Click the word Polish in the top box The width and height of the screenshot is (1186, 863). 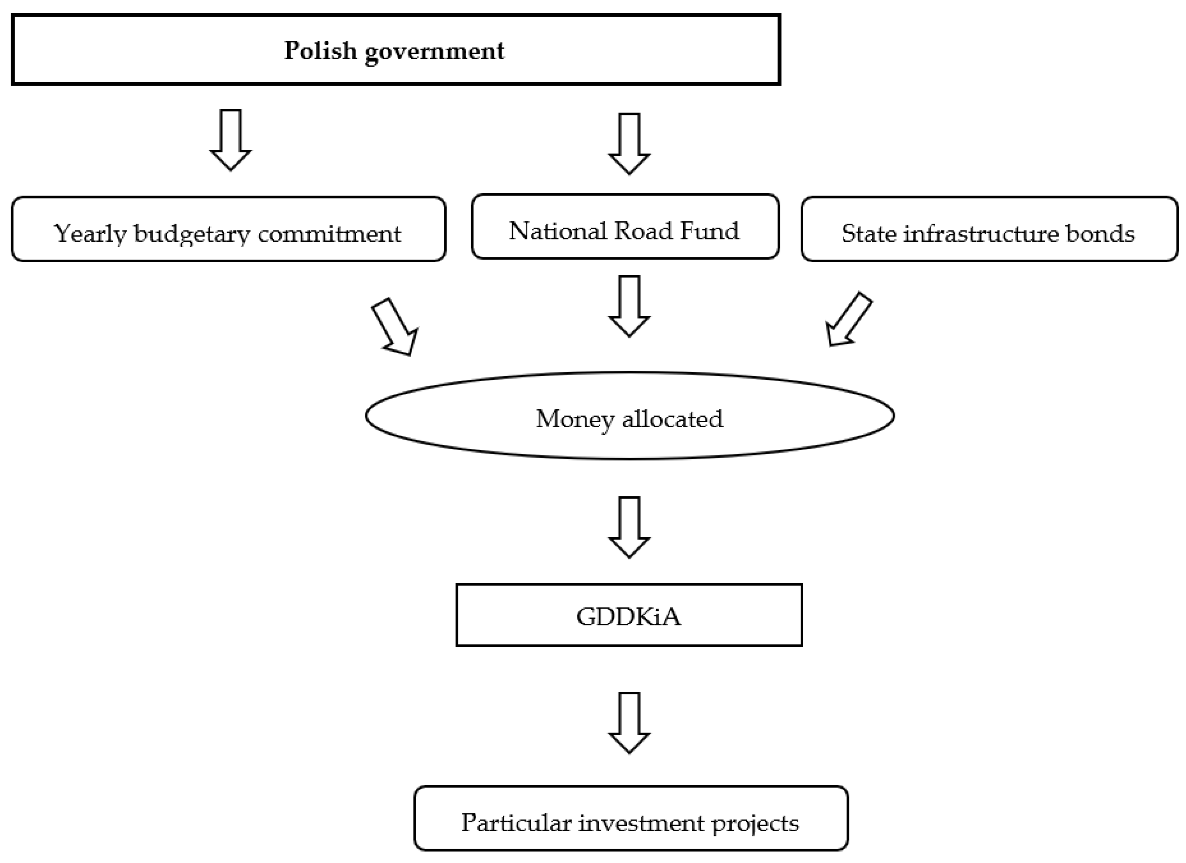tap(320, 51)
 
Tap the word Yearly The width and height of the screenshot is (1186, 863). tap(90, 234)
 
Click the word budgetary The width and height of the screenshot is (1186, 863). tap(192, 234)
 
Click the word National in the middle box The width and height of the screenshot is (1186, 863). tap(557, 231)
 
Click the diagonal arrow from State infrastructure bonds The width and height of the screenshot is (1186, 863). tap(848, 320)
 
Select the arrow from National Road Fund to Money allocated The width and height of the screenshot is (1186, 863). tap(629, 305)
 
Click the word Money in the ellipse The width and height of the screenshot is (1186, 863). tap(575, 419)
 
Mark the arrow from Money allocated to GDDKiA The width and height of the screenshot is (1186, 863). tap(629, 527)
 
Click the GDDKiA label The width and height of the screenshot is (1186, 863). tap(629, 616)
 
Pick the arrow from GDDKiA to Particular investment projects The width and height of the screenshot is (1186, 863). tap(629, 722)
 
